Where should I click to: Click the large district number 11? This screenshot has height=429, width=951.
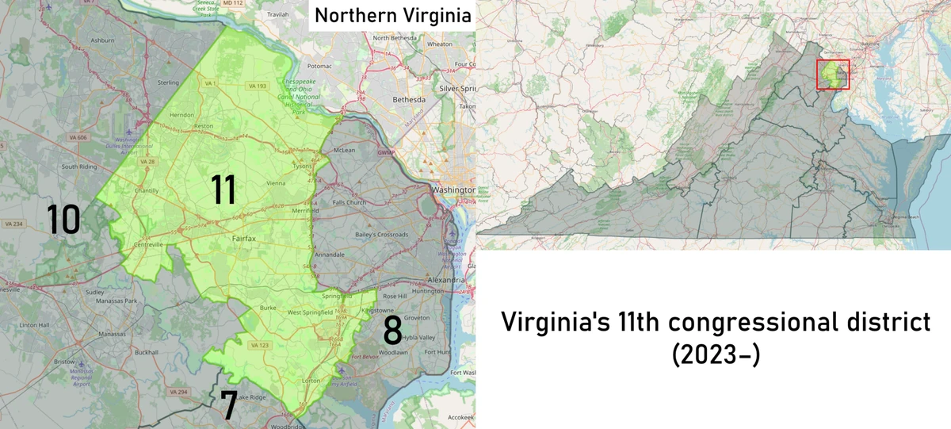point(223,190)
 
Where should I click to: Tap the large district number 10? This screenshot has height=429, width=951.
point(63,220)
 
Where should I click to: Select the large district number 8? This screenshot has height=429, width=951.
point(392,331)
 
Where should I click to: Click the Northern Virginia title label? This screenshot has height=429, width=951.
point(392,15)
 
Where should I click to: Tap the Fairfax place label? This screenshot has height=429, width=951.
point(243,238)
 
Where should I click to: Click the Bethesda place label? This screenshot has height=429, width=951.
point(410,100)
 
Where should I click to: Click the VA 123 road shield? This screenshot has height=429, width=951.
point(259,346)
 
